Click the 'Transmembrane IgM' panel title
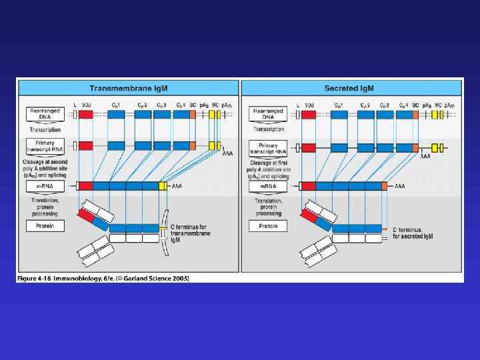128,88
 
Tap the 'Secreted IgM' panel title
351,88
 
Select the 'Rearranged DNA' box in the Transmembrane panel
45,114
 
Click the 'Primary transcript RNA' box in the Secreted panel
267,147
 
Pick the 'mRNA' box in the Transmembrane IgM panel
45,187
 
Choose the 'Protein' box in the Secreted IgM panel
267,227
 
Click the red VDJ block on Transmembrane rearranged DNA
86,115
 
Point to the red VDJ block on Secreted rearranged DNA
309,115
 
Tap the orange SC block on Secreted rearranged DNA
415,115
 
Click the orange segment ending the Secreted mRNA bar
386,186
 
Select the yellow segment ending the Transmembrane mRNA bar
162,186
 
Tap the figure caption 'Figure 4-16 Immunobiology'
104,277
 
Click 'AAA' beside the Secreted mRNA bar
399,187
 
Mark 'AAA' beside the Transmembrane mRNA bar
177,187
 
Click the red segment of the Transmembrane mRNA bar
86,186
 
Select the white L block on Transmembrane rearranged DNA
75,115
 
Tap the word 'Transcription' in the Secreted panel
267,129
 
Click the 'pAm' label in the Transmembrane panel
227,105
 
